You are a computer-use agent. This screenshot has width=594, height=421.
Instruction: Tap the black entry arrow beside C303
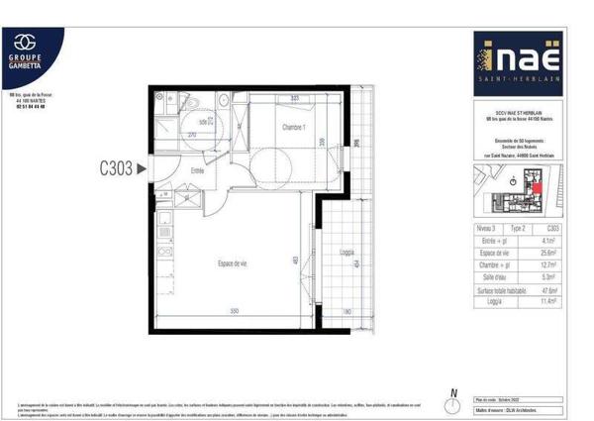pos(141,169)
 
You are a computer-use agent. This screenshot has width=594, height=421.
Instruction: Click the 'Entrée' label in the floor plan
pos(197,170)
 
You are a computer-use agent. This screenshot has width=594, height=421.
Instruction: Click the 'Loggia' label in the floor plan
pos(346,252)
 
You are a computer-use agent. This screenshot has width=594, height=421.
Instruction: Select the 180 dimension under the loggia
pos(346,312)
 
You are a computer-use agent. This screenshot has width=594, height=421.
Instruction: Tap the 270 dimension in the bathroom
pos(192,133)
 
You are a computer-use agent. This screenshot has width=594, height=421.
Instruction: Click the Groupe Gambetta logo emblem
pos(32,42)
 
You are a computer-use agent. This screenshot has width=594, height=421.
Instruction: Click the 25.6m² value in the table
pos(546,251)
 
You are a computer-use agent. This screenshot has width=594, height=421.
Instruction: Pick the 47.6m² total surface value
pos(546,290)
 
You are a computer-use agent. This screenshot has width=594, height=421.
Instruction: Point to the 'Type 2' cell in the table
pos(518,227)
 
